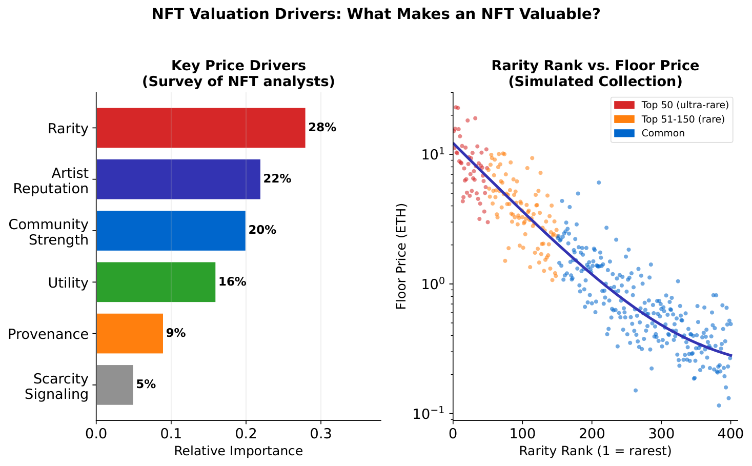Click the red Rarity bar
point(200,128)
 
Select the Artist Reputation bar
point(178,179)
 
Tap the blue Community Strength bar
point(171,231)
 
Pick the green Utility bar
point(155,282)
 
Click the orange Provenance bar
point(129,333)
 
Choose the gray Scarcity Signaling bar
point(114,385)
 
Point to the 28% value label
point(322,128)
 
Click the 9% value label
point(176,333)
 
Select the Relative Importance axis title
point(238,451)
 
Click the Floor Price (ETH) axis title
point(401,256)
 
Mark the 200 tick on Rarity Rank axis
point(592,434)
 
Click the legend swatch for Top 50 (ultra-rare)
point(625,105)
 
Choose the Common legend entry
point(663,133)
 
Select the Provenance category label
point(49,334)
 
